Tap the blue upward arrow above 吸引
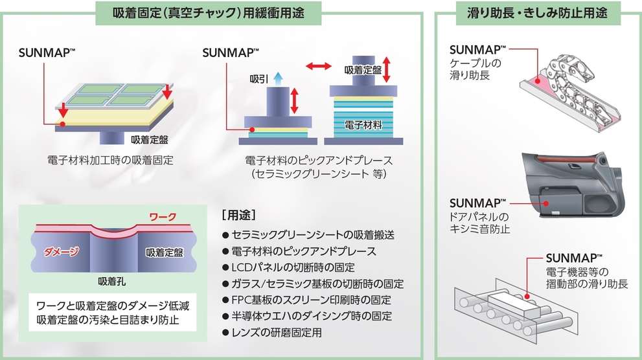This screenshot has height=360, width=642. point(278,78)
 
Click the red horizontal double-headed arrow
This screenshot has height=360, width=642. point(318,66)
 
